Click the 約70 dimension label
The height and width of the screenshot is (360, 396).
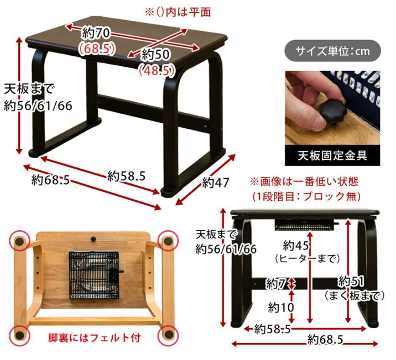pyautogui.click(x=96, y=33)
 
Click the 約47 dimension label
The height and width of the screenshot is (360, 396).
pyautogui.click(x=215, y=182)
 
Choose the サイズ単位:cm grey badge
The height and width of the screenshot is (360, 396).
pyautogui.click(x=333, y=51)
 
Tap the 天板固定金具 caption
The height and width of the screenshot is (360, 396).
pyautogui.click(x=332, y=155)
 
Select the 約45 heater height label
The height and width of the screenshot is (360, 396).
pyautogui.click(x=296, y=245)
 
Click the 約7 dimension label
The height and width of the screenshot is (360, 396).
pyautogui.click(x=276, y=284)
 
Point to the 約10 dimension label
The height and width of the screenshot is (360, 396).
pyautogui.click(x=281, y=307)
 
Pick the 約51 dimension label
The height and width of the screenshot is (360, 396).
pyautogui.click(x=351, y=281)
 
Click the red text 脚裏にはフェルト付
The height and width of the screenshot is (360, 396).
pyautogui.click(x=94, y=338)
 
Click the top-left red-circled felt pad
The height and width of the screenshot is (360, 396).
pyautogui.click(x=19, y=241)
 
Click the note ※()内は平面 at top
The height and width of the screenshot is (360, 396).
pyautogui.click(x=178, y=12)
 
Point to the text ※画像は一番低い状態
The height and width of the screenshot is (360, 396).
pyautogui.click(x=304, y=181)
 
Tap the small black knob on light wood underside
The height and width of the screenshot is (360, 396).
pyautogui.click(x=93, y=238)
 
